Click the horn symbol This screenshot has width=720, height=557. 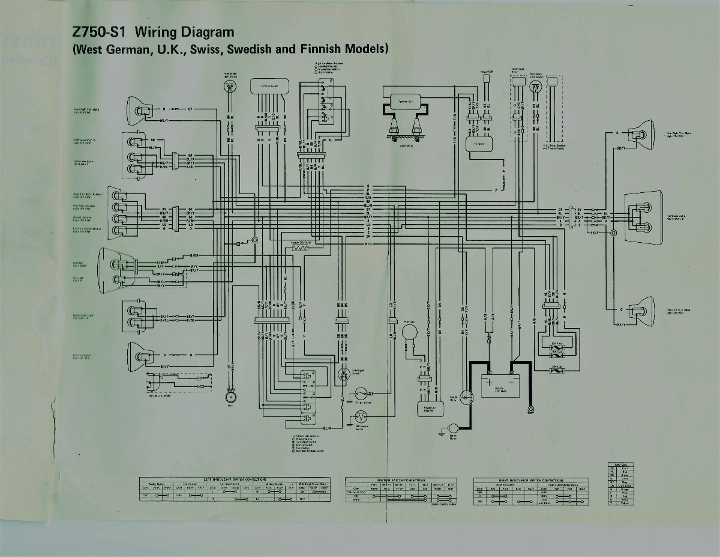click(230, 397)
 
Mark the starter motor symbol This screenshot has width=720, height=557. click(454, 427)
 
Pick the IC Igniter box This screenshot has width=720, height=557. click(479, 145)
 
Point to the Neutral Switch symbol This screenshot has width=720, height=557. click(361, 394)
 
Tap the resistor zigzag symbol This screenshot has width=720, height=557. click(299, 248)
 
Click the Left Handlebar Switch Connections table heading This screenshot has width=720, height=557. click(234, 479)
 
